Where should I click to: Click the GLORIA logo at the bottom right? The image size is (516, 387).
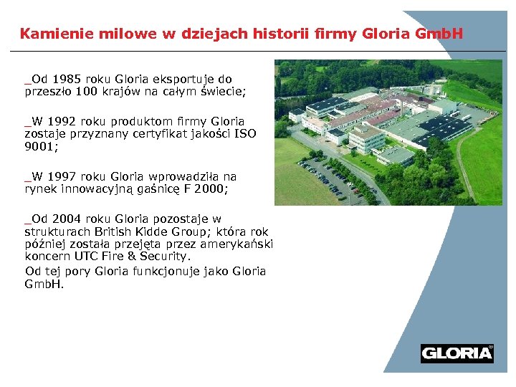[x=457, y=353]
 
